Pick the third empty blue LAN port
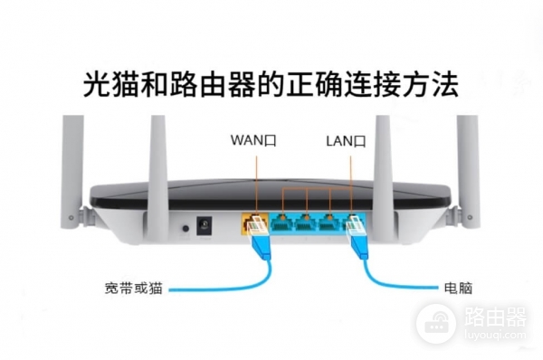tap(331, 222)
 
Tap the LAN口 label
tap(347, 141)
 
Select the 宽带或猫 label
tap(134, 289)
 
